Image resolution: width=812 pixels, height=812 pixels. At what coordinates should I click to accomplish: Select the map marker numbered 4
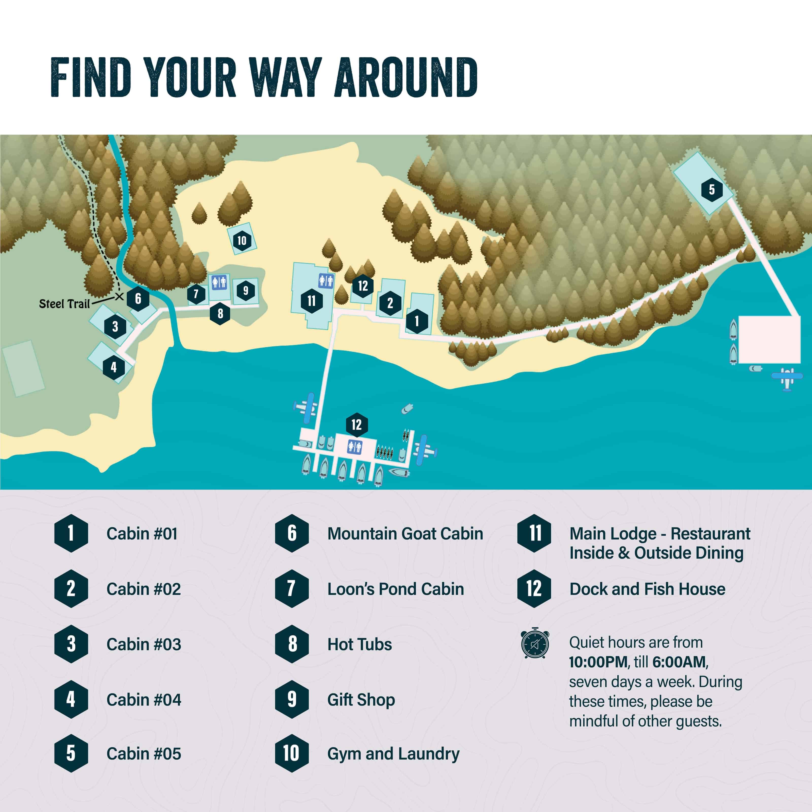point(113,367)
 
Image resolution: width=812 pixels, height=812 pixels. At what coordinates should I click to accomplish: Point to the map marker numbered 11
point(311,301)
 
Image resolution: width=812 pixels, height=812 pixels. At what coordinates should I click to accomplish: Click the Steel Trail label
point(64,304)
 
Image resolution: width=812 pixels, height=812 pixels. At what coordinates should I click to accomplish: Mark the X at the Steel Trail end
point(119,297)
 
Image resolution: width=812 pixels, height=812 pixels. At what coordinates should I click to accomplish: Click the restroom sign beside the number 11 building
point(326,280)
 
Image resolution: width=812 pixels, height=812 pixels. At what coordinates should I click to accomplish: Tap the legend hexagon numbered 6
point(292,533)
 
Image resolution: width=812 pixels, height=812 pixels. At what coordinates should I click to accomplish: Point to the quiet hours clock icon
point(535,644)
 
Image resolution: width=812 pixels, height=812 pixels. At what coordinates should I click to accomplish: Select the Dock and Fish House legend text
point(647,589)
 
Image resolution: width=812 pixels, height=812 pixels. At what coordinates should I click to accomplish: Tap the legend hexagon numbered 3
point(71,644)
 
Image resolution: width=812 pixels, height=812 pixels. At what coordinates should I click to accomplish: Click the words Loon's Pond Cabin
point(396,589)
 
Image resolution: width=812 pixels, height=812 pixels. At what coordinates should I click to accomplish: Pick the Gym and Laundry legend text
point(393,754)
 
